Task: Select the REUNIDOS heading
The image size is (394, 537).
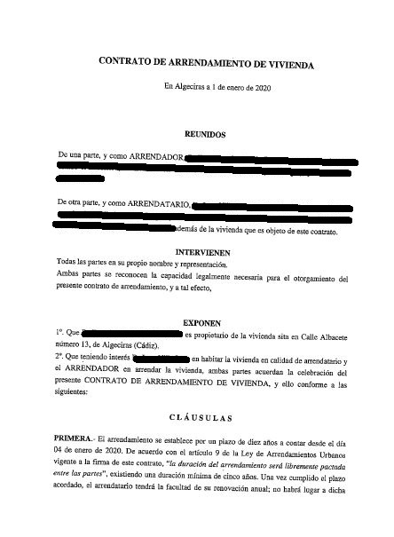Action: pyautogui.click(x=205, y=135)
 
